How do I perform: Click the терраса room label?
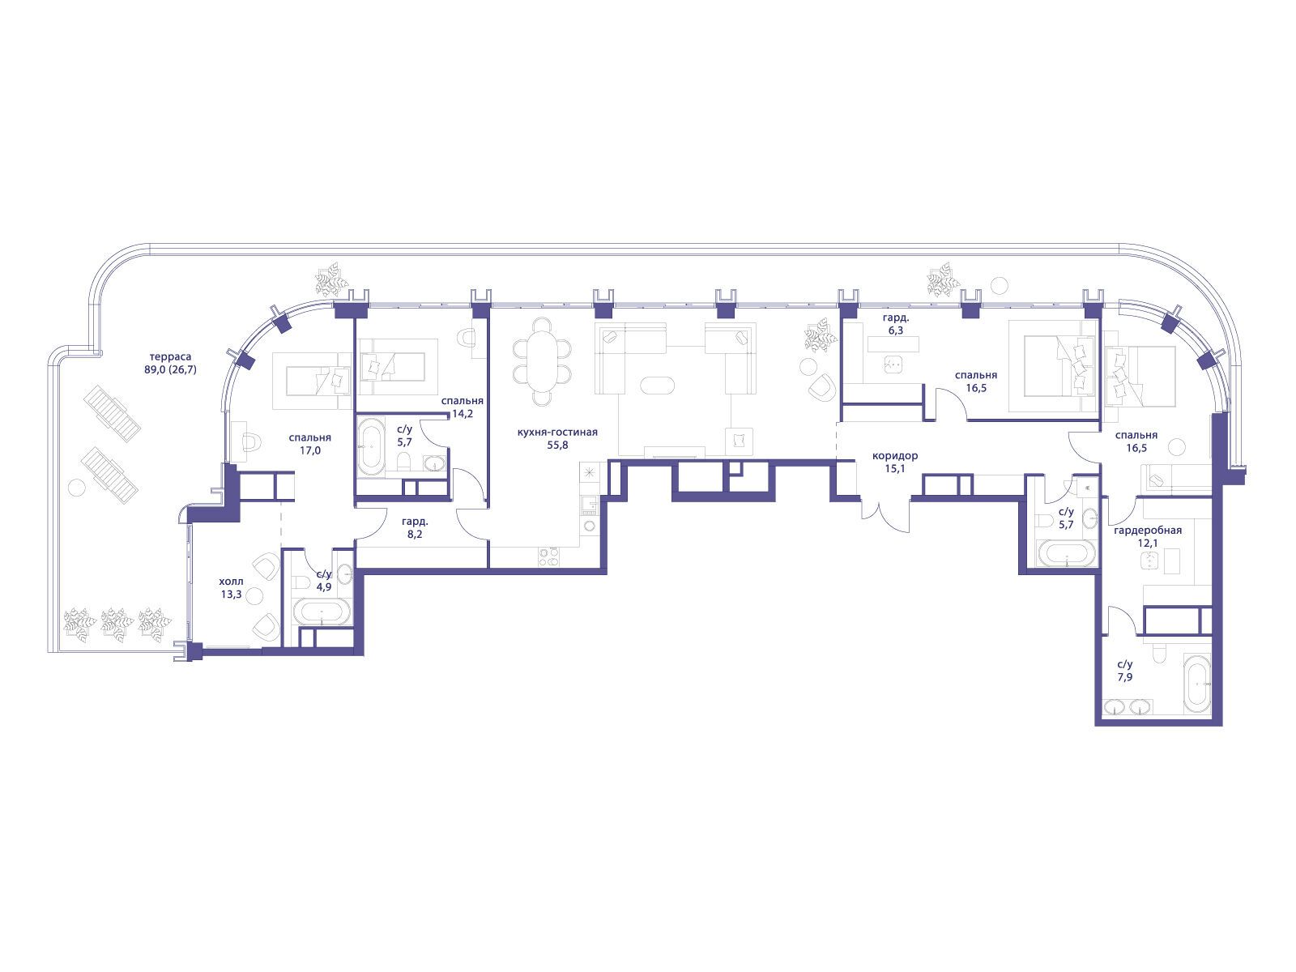[x=170, y=357]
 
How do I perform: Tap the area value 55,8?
[x=557, y=445]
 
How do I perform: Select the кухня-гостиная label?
[x=557, y=432]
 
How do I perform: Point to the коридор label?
[x=895, y=455]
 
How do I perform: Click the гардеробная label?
[x=1148, y=531]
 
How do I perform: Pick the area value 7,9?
[x=1125, y=677]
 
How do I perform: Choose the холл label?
[x=231, y=582]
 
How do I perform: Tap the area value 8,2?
[x=415, y=535]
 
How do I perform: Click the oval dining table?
[x=542, y=361]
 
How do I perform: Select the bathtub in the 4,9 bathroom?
[x=321, y=612]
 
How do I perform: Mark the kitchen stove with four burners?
[x=548, y=556]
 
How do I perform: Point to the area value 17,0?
[x=310, y=450]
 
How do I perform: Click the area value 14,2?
[x=462, y=414]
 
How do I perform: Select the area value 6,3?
[x=896, y=330]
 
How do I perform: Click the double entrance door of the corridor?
[x=885, y=516]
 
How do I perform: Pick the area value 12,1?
[x=1148, y=543]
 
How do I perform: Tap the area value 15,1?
[x=894, y=469]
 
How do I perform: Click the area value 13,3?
[x=231, y=595]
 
